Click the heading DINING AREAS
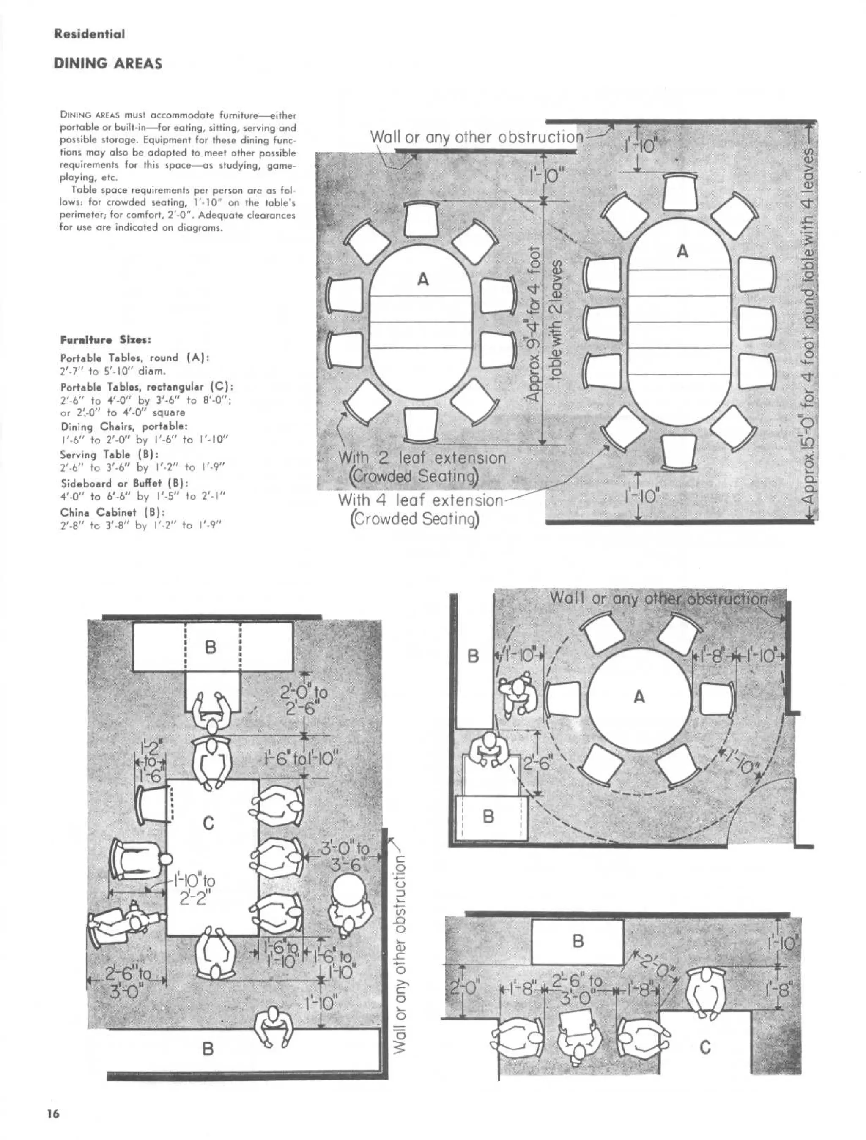[x=108, y=64]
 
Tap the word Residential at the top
[x=89, y=35]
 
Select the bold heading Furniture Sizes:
[x=106, y=340]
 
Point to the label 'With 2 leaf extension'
[x=422, y=458]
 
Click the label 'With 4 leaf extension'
[x=420, y=500]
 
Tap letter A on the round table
[x=639, y=697]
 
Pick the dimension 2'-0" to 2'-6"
[x=304, y=698]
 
